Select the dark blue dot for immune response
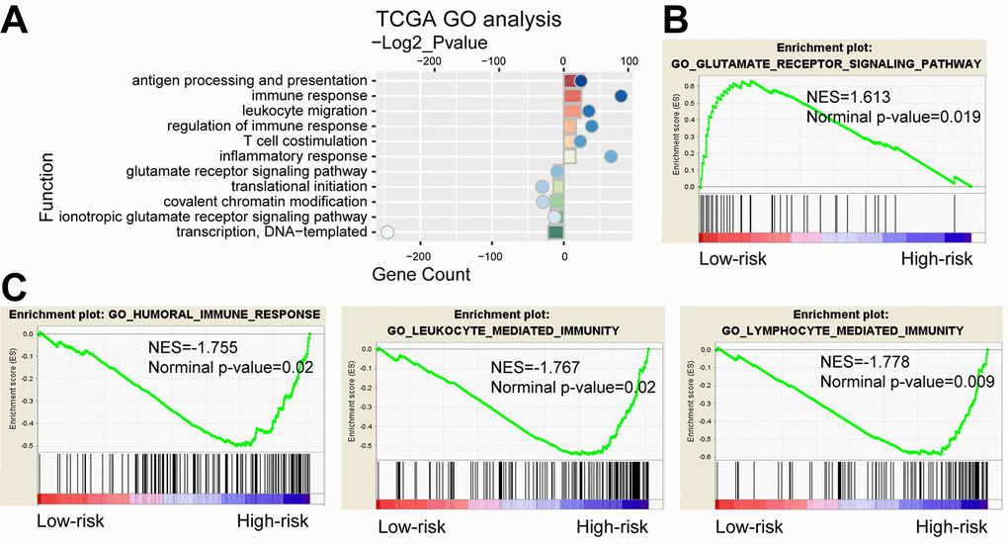coord(621,96)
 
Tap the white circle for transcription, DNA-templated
coord(387,232)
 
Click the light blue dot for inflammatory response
coord(611,156)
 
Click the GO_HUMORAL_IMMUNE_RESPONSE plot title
coord(165,315)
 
